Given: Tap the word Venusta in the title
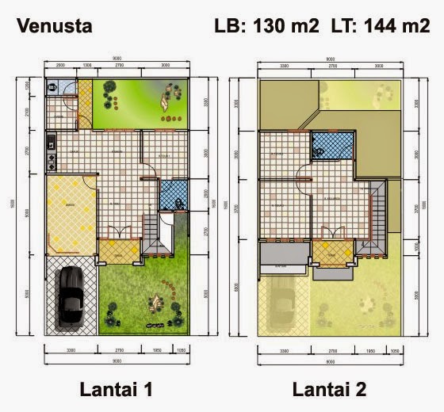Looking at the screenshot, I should click(55, 26).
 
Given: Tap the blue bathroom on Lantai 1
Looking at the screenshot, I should click(173, 195).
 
